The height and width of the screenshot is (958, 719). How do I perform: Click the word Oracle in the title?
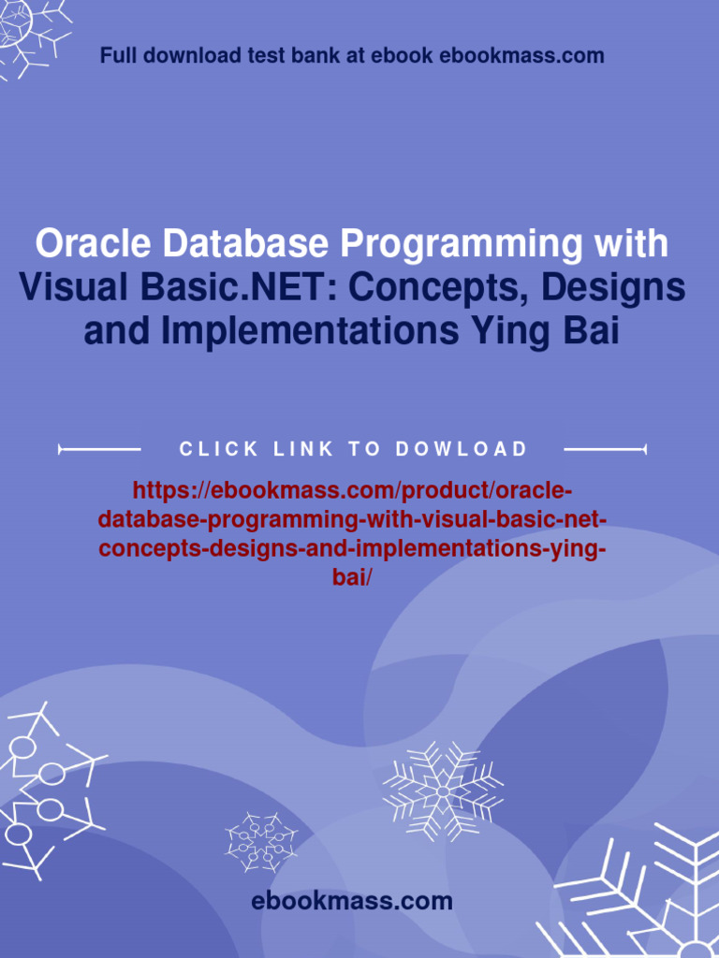click(94, 244)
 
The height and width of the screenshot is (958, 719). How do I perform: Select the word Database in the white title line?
click(245, 244)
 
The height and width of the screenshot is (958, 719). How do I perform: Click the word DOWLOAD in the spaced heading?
click(461, 449)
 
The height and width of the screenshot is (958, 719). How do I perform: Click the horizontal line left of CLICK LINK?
click(99, 450)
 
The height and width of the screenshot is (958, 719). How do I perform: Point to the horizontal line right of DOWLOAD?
click(606, 450)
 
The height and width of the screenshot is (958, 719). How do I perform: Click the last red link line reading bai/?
click(352, 577)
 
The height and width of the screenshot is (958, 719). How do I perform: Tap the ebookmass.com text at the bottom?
click(352, 901)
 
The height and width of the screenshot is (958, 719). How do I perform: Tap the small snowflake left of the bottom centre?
click(262, 842)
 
